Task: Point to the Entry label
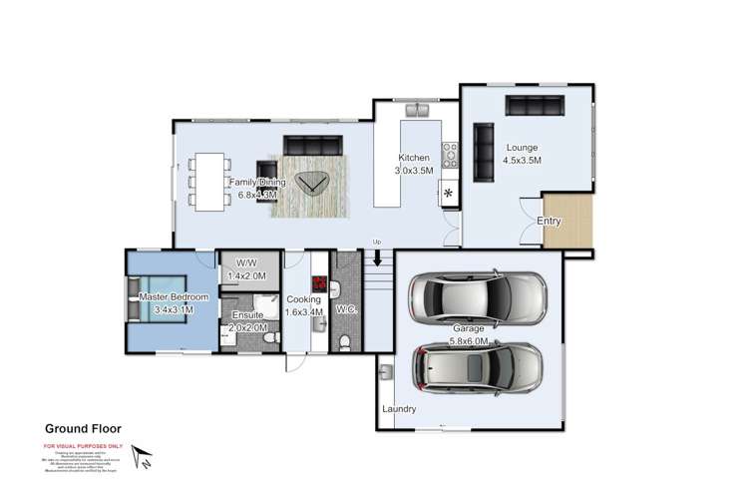click(549, 221)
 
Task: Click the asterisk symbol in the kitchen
click(449, 193)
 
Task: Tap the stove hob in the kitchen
click(450, 154)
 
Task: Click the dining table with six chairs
click(209, 180)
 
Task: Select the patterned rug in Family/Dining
click(317, 186)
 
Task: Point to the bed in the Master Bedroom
click(167, 297)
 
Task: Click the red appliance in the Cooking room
click(320, 283)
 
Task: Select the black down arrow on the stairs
click(377, 258)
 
